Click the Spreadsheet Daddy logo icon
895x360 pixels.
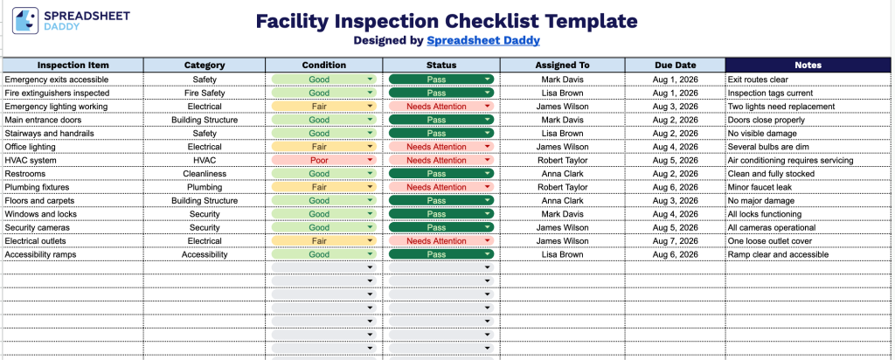pos(25,21)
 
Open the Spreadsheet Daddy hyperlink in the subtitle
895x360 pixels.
pos(482,40)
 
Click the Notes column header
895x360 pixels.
pos(808,65)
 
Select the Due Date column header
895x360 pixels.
pos(676,65)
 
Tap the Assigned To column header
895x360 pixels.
pos(562,65)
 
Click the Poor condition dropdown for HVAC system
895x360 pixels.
pos(323,160)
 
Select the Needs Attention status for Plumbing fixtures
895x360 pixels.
pos(441,187)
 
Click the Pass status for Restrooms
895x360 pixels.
pos(441,173)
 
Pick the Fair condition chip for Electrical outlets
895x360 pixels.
pos(323,241)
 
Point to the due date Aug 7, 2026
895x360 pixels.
pos(676,241)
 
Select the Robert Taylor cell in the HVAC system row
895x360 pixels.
pos(562,160)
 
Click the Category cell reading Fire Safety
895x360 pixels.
pos(205,93)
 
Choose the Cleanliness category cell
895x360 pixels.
pos(205,173)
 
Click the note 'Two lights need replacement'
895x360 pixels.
pos(781,106)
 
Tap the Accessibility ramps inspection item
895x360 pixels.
pos(40,254)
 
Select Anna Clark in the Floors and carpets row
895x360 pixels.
pos(562,200)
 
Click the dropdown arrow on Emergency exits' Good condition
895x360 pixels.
pos(370,80)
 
